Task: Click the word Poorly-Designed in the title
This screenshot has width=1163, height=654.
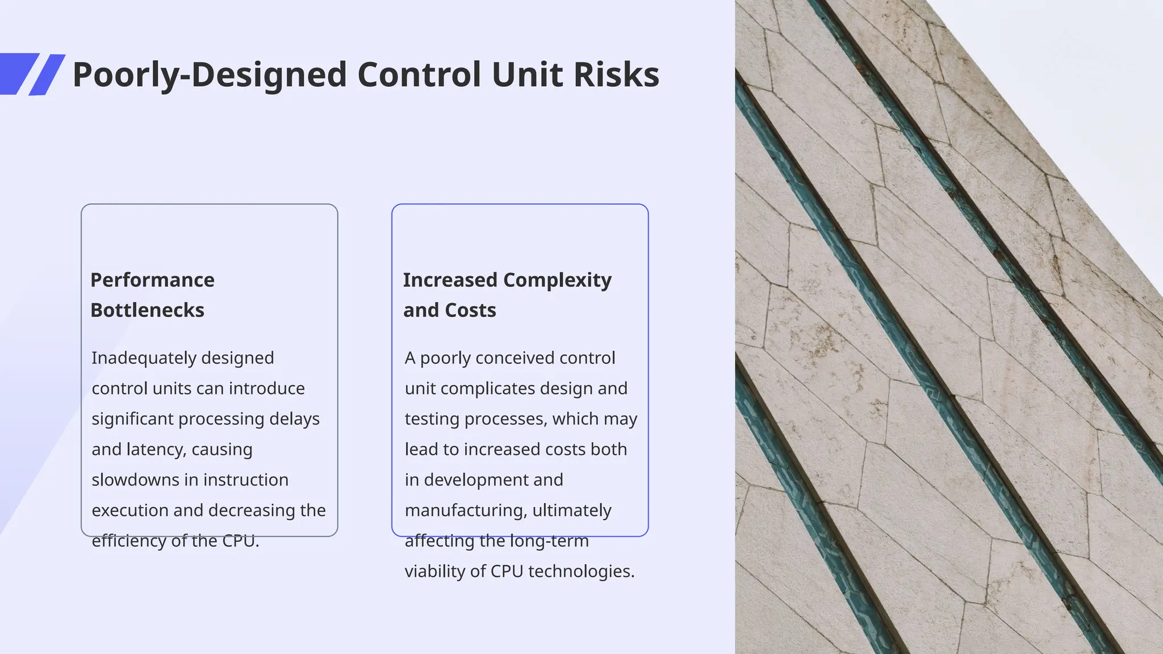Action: (x=210, y=75)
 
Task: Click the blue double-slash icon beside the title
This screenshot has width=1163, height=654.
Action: (x=32, y=74)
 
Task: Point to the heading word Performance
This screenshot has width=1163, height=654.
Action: (x=152, y=280)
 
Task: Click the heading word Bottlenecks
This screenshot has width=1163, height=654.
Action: (x=147, y=311)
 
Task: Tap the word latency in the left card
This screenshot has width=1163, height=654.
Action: (x=156, y=450)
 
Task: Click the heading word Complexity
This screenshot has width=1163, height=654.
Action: (x=557, y=280)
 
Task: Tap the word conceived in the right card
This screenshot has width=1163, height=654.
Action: (x=507, y=358)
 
